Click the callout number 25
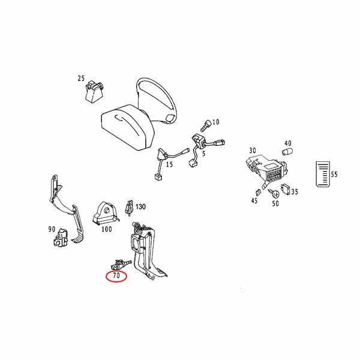[81, 78]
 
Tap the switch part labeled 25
[94, 91]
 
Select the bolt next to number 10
[206, 126]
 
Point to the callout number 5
[203, 154]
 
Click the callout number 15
[169, 164]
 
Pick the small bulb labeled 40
[287, 152]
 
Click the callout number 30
[253, 151]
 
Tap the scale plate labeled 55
[323, 174]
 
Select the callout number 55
[334, 175]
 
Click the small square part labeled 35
[286, 189]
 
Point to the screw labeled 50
[274, 194]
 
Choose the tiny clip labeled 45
[258, 192]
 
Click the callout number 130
[140, 206]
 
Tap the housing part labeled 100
[106, 213]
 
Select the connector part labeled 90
[61, 238]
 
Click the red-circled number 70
[116, 275]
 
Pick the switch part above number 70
[121, 265]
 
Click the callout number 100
[107, 229]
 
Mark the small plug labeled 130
[129, 208]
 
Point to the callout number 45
[254, 200]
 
